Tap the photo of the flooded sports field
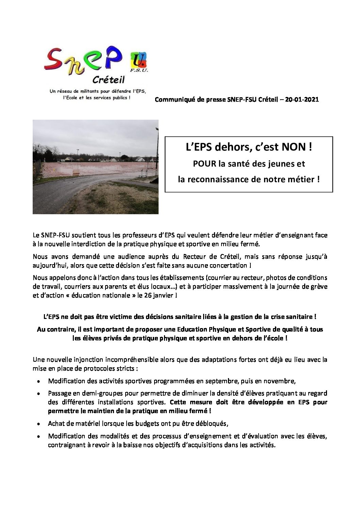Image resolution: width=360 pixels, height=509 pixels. pos(95,167)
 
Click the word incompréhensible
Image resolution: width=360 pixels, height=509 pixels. pos(126,359)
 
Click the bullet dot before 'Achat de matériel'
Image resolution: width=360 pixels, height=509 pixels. pos(39,424)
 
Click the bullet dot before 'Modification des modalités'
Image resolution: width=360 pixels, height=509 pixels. pos(39,437)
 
